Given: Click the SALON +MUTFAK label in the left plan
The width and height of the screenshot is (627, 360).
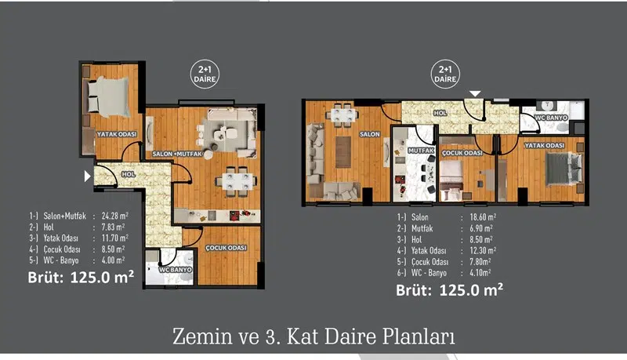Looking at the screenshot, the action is pyautogui.click(x=178, y=154).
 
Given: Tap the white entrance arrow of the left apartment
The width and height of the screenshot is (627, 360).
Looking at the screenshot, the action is pyautogui.click(x=88, y=176).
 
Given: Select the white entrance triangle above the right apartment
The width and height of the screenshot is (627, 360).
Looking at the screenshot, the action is pyautogui.click(x=475, y=94).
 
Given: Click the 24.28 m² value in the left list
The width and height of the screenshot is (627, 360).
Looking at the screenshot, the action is pyautogui.click(x=114, y=216).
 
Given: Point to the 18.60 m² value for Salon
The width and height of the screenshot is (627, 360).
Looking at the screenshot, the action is pyautogui.click(x=483, y=217).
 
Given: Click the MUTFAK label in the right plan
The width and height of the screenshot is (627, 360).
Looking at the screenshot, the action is pyautogui.click(x=421, y=151).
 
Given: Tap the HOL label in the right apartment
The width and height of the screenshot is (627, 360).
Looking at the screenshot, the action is pyautogui.click(x=440, y=113).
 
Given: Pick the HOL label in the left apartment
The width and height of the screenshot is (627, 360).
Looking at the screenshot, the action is pyautogui.click(x=129, y=174).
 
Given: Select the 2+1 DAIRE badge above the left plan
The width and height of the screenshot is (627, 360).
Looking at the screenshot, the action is pyautogui.click(x=205, y=75).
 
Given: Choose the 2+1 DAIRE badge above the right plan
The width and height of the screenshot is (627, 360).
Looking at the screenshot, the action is pyautogui.click(x=445, y=75).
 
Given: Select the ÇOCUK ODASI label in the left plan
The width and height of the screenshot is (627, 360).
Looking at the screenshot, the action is pyautogui.click(x=226, y=248).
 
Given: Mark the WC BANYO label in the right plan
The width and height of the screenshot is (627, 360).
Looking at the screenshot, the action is pyautogui.click(x=552, y=118).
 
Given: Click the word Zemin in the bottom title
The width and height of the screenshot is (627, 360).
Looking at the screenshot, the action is pyautogui.click(x=202, y=336).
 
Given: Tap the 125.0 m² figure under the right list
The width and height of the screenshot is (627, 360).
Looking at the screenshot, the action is pyautogui.click(x=471, y=290).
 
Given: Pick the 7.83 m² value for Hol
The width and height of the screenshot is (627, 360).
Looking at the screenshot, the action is pyautogui.click(x=113, y=227).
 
